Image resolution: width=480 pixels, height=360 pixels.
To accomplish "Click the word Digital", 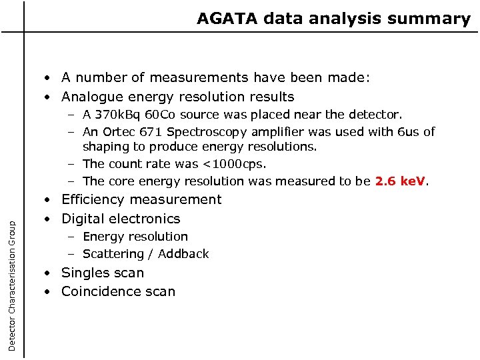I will point(83,219).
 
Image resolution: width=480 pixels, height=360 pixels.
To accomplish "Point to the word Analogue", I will point(94,97).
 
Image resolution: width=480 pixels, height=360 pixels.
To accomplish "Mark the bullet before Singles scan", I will point(50,273).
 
